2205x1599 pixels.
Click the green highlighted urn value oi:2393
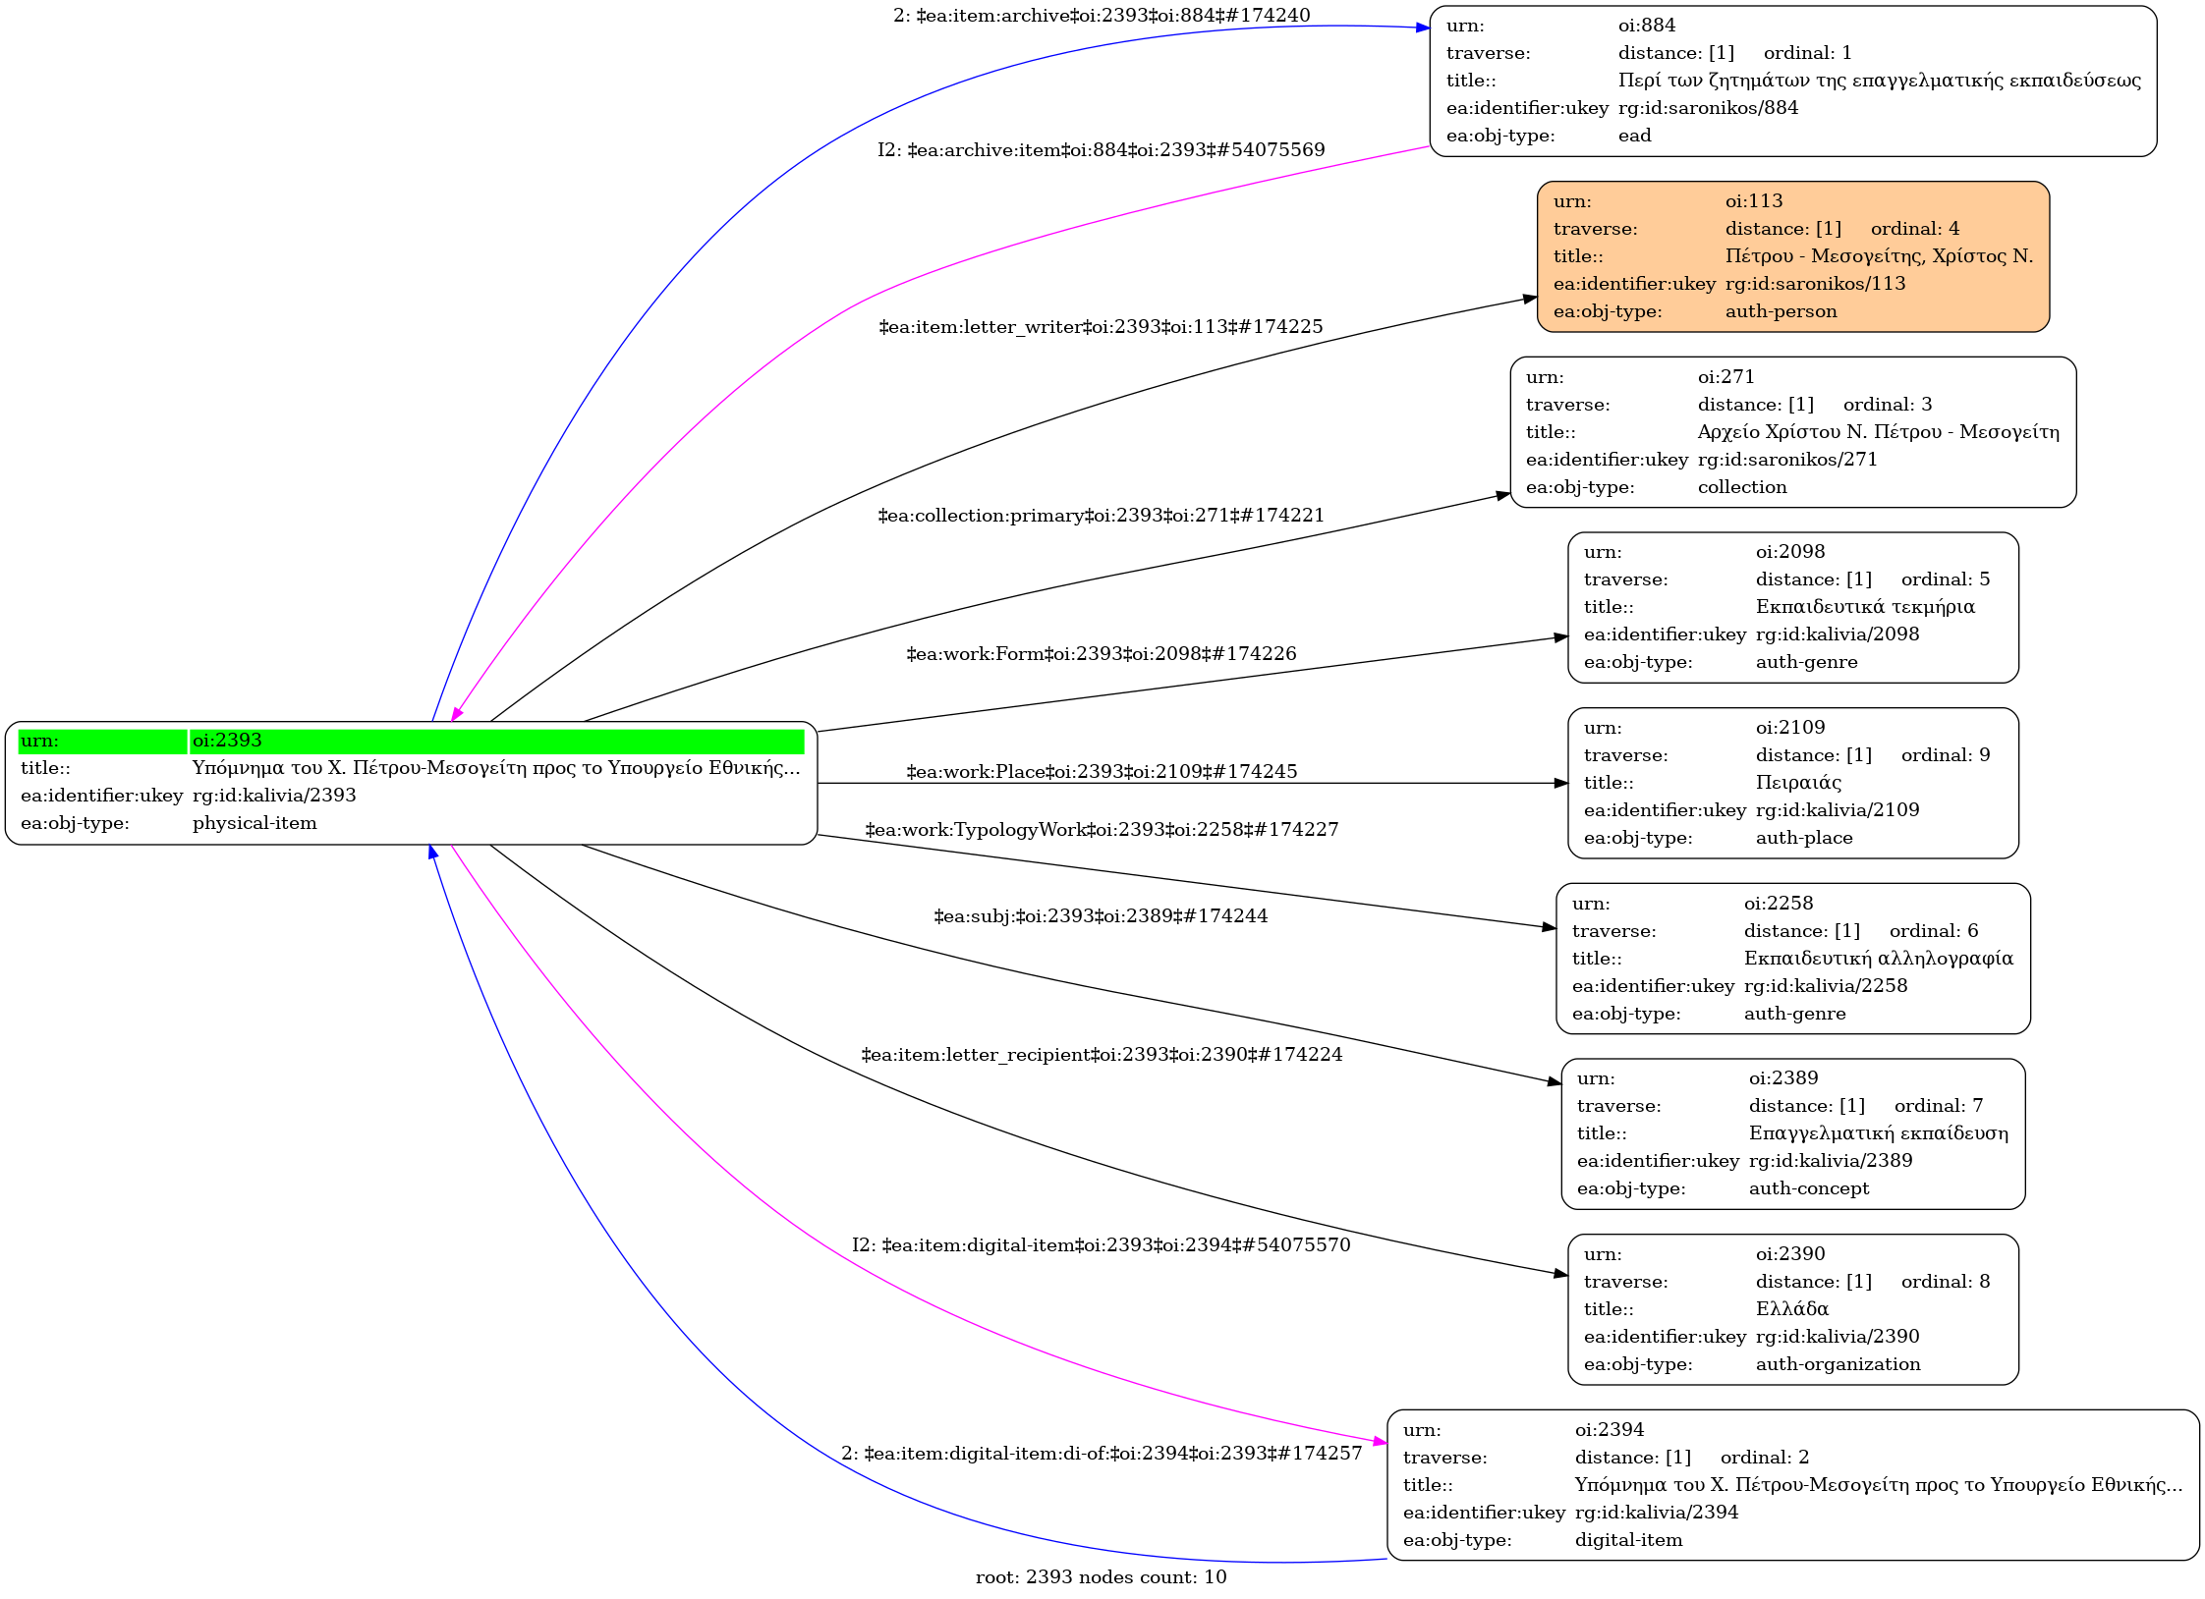coord(227,741)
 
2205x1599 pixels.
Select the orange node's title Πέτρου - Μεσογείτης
coord(1879,256)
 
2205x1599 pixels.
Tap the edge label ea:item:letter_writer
coord(1101,327)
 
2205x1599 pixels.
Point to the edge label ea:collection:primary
coord(1101,516)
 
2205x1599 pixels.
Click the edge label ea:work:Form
coord(1101,654)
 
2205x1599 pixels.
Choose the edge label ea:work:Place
coord(1101,772)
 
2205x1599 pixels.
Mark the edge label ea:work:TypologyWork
coord(1101,830)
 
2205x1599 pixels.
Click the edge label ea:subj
coord(1101,916)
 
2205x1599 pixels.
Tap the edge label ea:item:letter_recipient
coord(1101,1055)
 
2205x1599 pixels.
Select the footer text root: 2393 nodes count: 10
coord(1101,1577)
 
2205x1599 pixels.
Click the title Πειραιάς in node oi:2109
coord(1798,783)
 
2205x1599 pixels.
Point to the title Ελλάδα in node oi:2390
coord(1791,1309)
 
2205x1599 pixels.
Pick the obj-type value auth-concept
coord(1808,1188)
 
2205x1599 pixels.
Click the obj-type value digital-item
coord(1628,1540)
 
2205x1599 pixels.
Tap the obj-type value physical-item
coord(254,823)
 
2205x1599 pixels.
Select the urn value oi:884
coord(1647,26)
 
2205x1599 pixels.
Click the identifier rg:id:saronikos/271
coord(1786,460)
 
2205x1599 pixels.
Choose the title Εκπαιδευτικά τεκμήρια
coord(1864,607)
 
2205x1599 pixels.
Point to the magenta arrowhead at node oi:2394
coord(1381,1442)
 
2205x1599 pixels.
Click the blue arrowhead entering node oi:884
coord(1423,28)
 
